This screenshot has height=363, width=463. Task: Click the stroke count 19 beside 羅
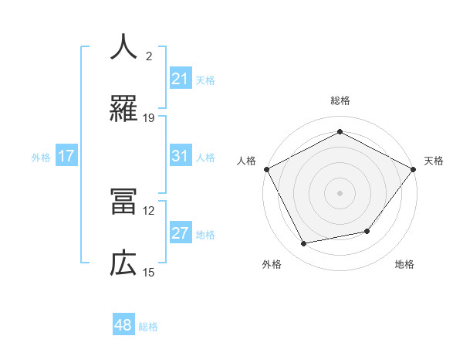[149, 117]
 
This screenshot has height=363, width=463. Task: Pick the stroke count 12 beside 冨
[149, 210]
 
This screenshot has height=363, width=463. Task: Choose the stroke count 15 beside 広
[149, 272]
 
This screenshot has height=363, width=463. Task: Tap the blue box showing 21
[180, 79]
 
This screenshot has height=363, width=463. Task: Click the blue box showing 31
[180, 156]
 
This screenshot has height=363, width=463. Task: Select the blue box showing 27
[180, 233]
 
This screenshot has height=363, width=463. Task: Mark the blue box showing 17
[66, 156]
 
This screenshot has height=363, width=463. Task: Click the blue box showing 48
[123, 326]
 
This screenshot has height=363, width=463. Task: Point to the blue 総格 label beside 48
[148, 327]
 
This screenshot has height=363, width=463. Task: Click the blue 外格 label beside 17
[41, 157]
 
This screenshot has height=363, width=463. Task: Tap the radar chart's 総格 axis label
[340, 100]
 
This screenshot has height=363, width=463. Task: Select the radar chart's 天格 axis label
[434, 161]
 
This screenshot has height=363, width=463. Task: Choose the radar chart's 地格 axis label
[404, 264]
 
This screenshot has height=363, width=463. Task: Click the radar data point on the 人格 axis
[266, 168]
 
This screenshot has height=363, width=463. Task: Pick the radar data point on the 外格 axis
[304, 244]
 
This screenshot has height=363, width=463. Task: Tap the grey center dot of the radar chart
[340, 192]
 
